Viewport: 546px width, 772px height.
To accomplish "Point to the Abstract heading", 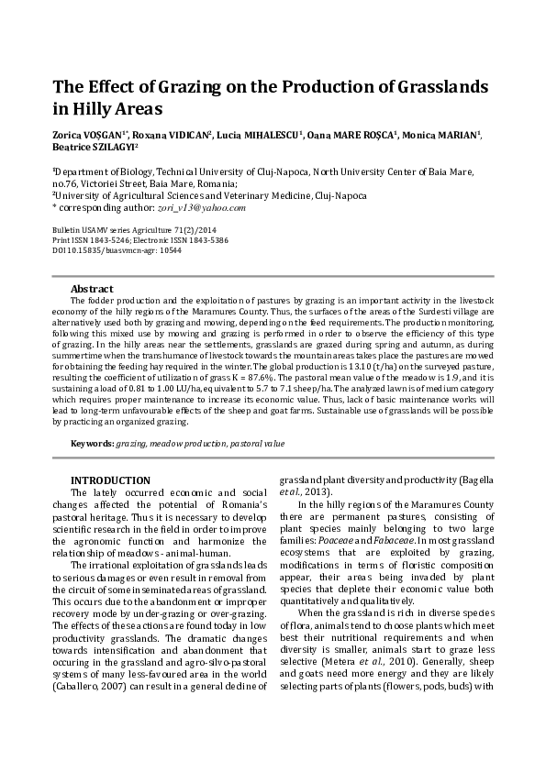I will point(92,288).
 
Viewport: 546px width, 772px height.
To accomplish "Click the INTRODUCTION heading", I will point(111,480).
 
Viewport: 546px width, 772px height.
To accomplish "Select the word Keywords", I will point(92,444).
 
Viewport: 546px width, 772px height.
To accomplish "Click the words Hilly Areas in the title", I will point(117,110).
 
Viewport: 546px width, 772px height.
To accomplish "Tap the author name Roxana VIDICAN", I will point(174,135).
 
